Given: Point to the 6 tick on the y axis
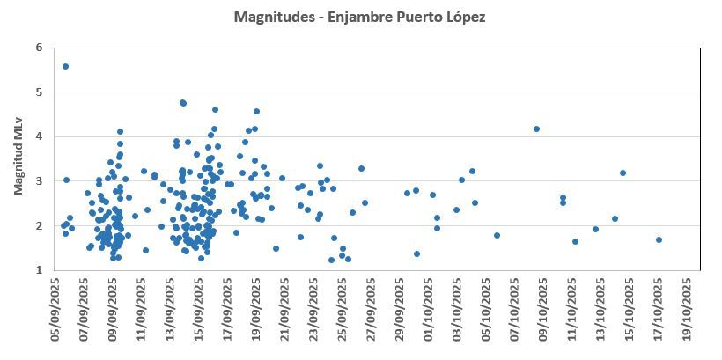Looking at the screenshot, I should [40, 48].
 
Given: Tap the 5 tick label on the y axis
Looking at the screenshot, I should [40, 92].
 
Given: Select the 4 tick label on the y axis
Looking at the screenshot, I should [40, 136].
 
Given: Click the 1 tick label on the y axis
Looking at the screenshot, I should [40, 270].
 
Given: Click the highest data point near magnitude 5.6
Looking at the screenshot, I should [66, 66].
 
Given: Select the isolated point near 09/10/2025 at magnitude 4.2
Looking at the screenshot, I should [536, 129].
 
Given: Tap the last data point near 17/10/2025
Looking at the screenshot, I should [659, 239].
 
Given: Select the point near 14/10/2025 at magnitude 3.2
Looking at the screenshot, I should [623, 173].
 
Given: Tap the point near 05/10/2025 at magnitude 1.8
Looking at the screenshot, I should [497, 235].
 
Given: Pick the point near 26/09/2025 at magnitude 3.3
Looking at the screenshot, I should [361, 168].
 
